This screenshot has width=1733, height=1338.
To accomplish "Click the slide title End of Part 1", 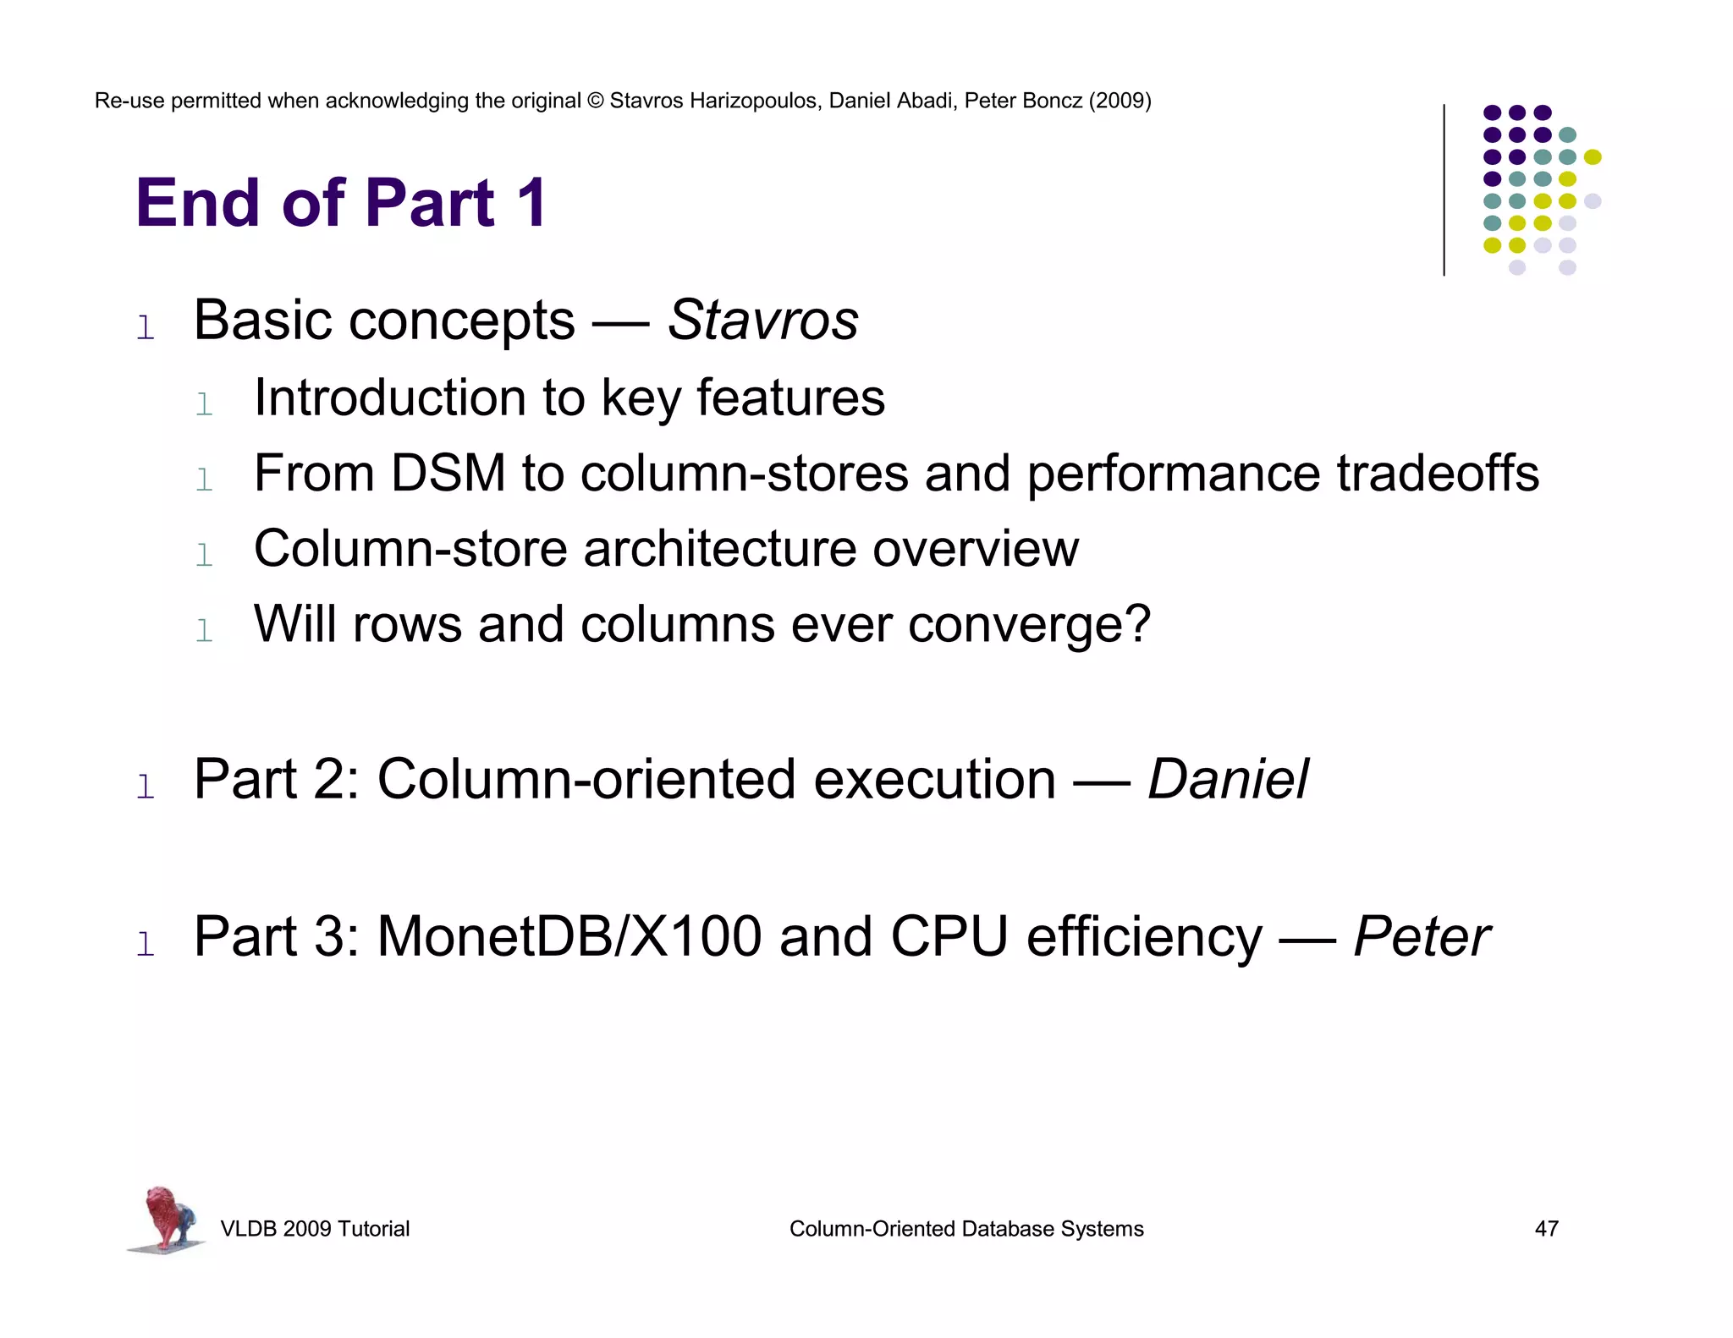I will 342,203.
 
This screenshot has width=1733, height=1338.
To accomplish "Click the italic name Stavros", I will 762,321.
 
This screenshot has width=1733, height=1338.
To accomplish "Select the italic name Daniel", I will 1228,779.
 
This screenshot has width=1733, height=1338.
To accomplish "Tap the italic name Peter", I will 1421,937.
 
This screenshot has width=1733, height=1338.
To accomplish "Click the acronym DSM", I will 448,473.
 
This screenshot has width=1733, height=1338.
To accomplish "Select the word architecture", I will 718,549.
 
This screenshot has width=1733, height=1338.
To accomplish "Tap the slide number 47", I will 1546,1229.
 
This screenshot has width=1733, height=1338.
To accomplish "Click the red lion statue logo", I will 167,1219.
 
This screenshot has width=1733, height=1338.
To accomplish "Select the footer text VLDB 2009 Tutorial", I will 315,1229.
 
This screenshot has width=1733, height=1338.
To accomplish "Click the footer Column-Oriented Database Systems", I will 966,1229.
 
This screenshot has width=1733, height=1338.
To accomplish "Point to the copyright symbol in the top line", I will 595,101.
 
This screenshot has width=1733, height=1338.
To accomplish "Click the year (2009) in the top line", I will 1120,101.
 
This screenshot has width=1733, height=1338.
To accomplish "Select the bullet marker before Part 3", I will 146,944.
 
